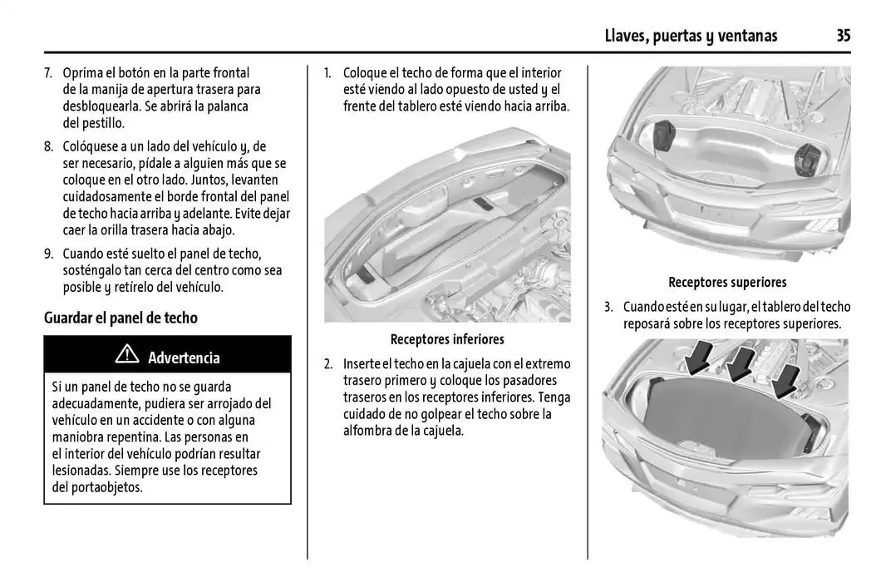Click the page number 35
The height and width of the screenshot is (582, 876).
[x=843, y=35]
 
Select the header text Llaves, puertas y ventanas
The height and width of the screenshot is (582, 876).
[x=691, y=35]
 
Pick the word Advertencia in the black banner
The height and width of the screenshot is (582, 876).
[x=184, y=358]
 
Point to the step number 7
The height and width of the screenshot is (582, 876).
[x=47, y=73]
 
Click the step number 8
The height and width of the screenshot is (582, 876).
[x=47, y=146]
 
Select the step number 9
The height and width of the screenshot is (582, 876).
[x=47, y=254]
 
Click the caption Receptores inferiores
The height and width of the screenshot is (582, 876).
[x=447, y=339]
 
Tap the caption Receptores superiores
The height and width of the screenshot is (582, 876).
[x=727, y=283]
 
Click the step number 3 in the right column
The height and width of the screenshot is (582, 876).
[x=608, y=307]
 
